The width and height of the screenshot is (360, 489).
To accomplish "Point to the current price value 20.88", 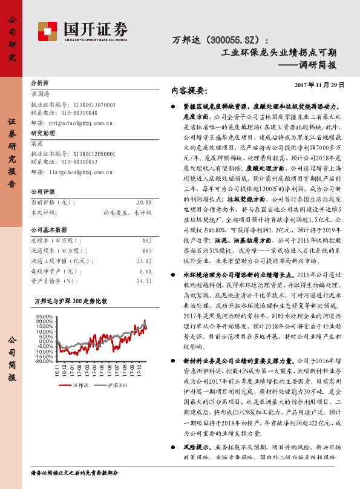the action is pyautogui.click(x=144, y=202).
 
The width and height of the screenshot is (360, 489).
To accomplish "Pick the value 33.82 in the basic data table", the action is pyautogui.click(x=144, y=261).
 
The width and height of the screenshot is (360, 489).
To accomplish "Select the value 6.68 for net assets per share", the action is pyautogui.click(x=146, y=271).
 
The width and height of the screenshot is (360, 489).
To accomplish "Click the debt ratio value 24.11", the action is pyautogui.click(x=144, y=280).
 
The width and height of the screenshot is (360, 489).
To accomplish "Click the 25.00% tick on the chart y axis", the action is pyautogui.click(x=45, y=316).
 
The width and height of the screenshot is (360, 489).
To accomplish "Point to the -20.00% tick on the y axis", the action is pyautogui.click(x=45, y=361).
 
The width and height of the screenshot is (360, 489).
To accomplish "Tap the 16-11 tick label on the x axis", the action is pyautogui.click(x=56, y=369).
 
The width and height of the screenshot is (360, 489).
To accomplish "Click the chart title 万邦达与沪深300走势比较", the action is pyautogui.click(x=70, y=301).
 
